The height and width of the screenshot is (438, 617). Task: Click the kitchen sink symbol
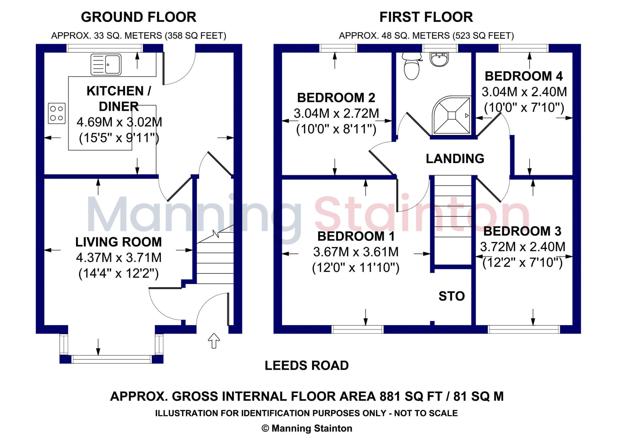[106, 64]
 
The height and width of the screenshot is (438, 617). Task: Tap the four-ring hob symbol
[57, 113]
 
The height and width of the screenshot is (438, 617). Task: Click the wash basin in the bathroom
[439, 59]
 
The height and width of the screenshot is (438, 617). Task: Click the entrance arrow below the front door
[214, 341]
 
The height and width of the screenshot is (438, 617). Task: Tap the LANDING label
[455, 159]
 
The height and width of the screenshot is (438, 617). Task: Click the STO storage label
[451, 296]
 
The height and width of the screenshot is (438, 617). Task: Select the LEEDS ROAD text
[306, 366]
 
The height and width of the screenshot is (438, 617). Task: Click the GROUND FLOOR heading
[139, 17]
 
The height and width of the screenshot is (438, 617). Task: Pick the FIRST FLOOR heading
[426, 17]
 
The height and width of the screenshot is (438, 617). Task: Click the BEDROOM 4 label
[524, 76]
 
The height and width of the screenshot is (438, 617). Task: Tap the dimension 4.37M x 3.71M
[119, 258]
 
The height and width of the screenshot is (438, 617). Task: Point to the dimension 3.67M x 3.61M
[356, 252]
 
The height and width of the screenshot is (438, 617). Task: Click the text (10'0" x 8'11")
[336, 129]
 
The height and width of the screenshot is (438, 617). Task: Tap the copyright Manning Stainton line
[307, 428]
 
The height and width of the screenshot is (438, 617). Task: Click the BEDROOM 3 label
[522, 231]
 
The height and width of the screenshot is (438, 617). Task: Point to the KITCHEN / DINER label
[119, 99]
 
